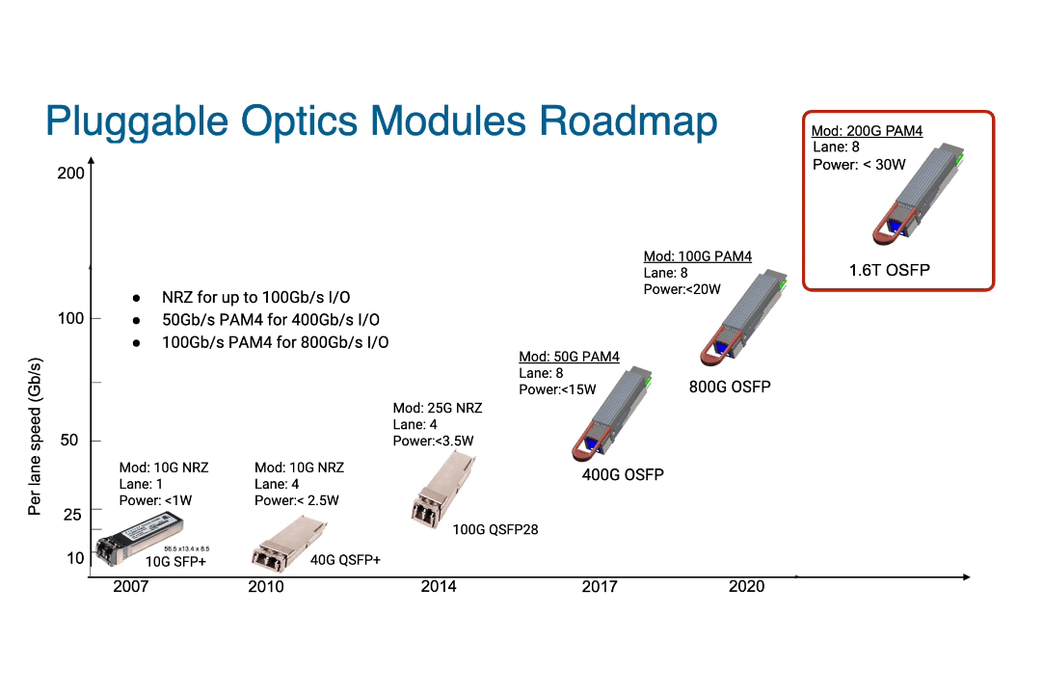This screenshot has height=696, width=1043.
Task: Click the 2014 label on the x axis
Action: tap(439, 586)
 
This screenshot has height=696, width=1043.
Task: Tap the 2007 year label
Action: tap(131, 586)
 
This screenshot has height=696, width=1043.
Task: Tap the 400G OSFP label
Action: tap(623, 474)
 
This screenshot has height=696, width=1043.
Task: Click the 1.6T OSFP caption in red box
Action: tap(889, 270)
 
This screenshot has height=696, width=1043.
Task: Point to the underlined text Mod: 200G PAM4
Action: tap(867, 131)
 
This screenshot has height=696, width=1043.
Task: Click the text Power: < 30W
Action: tap(859, 165)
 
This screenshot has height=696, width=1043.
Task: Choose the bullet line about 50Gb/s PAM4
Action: tap(270, 319)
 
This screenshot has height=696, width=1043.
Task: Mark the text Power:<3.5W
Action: tap(433, 441)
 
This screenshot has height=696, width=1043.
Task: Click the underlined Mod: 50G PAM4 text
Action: tap(569, 357)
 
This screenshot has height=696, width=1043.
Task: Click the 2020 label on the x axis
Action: tap(746, 586)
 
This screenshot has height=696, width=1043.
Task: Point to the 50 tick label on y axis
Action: tap(69, 441)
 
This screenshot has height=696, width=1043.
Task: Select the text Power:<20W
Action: tap(682, 289)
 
